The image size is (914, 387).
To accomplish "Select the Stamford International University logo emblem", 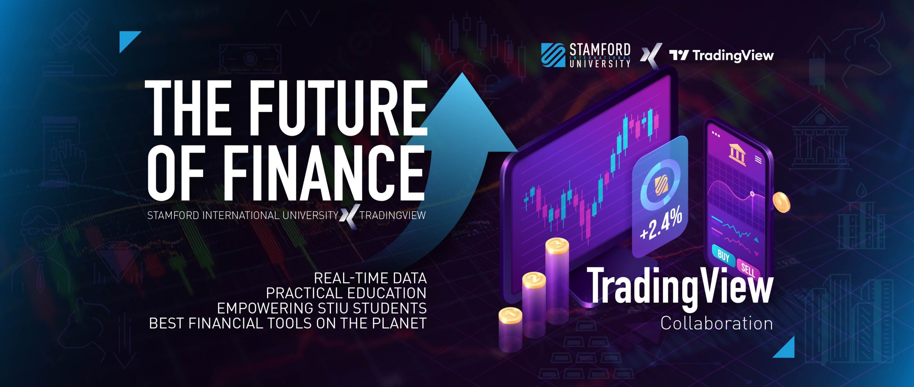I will pyautogui.click(x=553, y=55).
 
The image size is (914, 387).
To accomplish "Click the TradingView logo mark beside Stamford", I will pyautogui.click(x=679, y=55).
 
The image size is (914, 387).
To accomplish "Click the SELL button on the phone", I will pyautogui.click(x=748, y=270).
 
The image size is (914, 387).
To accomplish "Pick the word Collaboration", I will pyautogui.click(x=717, y=323).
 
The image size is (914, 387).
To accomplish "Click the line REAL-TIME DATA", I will pyautogui.click(x=370, y=278).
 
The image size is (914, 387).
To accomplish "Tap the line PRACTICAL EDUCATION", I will pyautogui.click(x=346, y=293).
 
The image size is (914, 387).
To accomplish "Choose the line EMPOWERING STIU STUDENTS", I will pyautogui.click(x=322, y=308).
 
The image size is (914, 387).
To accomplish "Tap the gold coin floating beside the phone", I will pyautogui.click(x=781, y=203).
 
